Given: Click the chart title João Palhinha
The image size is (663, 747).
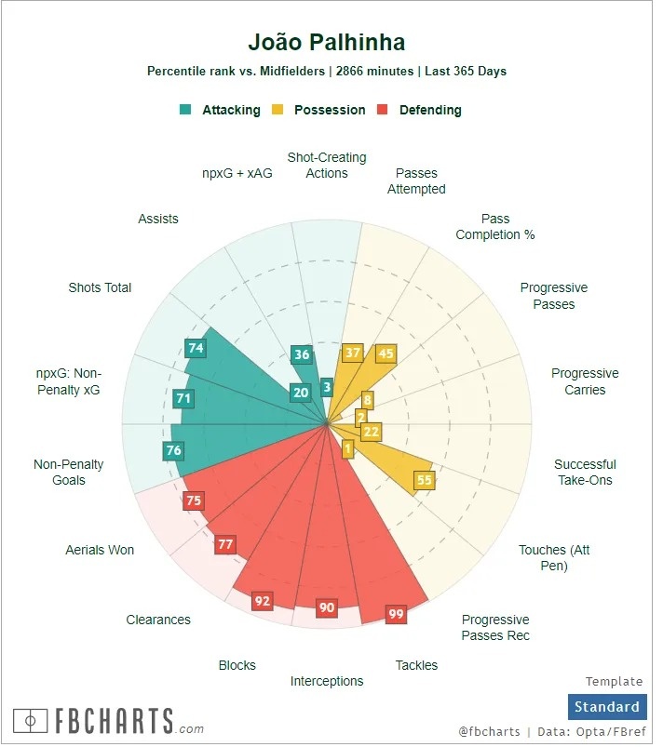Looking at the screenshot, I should (x=326, y=43).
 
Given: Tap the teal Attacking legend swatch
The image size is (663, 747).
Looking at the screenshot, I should (x=185, y=110).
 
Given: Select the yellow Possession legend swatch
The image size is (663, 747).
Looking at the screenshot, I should (x=277, y=110).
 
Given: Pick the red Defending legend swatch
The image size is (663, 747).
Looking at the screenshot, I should (x=382, y=110).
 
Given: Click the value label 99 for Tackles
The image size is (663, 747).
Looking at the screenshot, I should (x=397, y=614).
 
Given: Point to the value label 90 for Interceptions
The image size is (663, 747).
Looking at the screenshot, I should (x=326, y=607).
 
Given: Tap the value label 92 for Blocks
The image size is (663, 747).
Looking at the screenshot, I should (x=263, y=601).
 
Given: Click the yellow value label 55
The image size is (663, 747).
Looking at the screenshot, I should (x=425, y=480).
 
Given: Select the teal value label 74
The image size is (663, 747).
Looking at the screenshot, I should (x=196, y=348).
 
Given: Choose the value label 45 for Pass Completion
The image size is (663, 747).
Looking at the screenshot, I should (x=386, y=353).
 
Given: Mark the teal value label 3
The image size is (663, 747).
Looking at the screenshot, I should (x=326, y=388).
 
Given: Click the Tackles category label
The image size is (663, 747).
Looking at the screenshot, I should (x=416, y=665).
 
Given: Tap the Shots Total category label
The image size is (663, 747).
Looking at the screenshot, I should (x=100, y=287).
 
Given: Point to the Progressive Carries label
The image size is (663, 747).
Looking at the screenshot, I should (x=585, y=381).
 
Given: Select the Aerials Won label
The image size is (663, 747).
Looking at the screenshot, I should (x=100, y=550).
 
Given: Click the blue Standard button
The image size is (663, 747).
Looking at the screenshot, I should (x=606, y=707).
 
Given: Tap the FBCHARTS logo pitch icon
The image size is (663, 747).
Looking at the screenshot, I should (x=31, y=721).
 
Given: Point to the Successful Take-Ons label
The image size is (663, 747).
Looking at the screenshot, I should (x=585, y=473).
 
